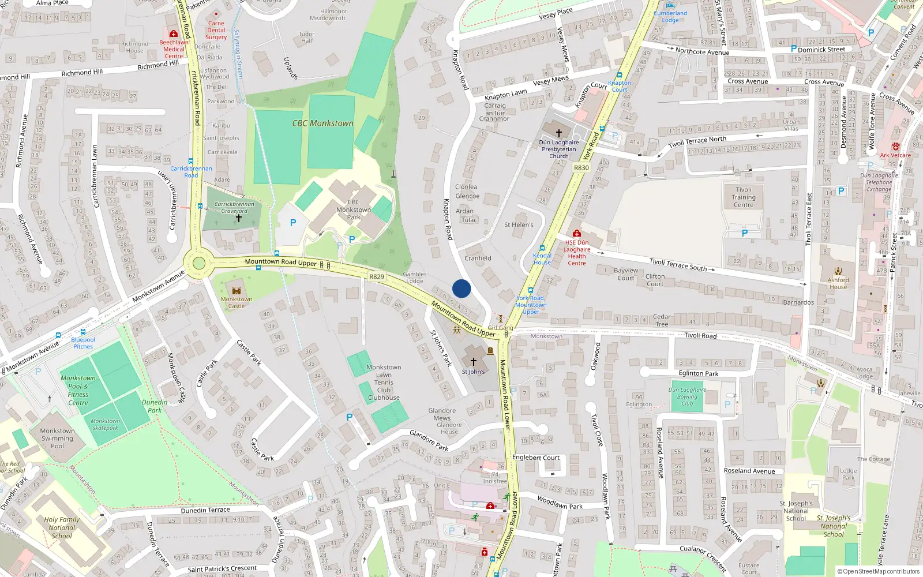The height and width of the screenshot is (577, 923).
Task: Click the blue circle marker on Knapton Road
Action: point(461,288)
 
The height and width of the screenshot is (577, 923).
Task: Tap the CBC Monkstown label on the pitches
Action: point(322,123)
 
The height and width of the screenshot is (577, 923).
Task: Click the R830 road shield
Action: point(581,168)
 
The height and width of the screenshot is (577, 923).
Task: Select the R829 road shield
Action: point(376,277)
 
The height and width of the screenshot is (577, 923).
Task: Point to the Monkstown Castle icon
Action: point(237,290)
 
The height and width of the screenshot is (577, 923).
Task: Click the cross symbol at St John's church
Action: point(473,362)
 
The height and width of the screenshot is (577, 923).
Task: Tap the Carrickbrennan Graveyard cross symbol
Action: point(238,219)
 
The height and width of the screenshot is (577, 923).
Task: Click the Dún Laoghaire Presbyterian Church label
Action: point(558,149)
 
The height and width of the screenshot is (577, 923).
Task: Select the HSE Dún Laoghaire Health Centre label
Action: point(576,253)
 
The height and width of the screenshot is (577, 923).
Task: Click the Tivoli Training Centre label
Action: point(744,197)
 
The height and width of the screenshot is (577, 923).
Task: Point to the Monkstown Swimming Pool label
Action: point(57,439)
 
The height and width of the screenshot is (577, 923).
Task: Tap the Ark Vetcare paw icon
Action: point(895,147)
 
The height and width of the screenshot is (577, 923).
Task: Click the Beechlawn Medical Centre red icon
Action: point(173,33)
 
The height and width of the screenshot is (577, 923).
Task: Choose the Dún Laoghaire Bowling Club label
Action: point(687,396)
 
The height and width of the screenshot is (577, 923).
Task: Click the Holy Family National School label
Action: point(62,527)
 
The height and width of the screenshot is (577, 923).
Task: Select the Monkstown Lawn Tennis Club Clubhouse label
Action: point(384,383)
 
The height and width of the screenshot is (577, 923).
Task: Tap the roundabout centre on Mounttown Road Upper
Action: point(199,264)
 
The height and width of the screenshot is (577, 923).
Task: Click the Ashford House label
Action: point(838,283)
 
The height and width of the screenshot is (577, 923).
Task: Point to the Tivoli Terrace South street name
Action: point(678,265)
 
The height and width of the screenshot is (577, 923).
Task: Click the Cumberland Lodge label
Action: point(670,17)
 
